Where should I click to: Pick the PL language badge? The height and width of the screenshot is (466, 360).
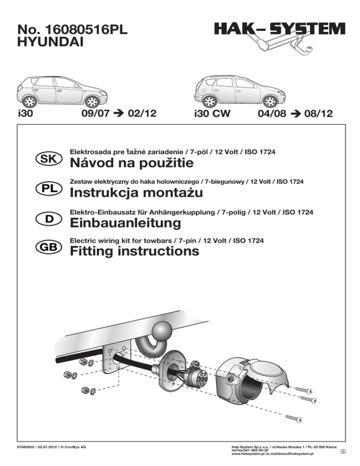pyautogui.click(x=47, y=188)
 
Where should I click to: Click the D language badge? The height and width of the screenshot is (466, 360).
pyautogui.click(x=47, y=218)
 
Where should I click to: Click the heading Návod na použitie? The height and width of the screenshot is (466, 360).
pyautogui.click(x=131, y=164)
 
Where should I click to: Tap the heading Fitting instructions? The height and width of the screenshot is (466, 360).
pyautogui.click(x=134, y=252)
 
